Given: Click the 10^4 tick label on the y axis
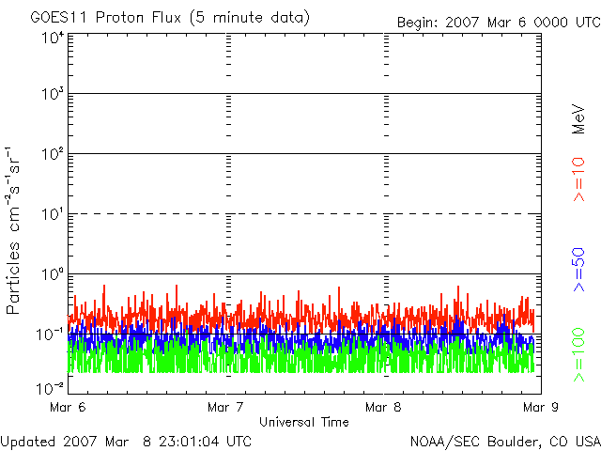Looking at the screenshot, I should pyautogui.click(x=53, y=38).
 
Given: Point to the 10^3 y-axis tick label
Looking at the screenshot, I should pyautogui.click(x=53, y=94).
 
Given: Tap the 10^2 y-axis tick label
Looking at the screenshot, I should pyautogui.click(x=53, y=153).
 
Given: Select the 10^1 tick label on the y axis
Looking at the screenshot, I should pyautogui.click(x=53, y=213).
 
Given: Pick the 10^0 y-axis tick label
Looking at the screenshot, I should pyautogui.click(x=53, y=273).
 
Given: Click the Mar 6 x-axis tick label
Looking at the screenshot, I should pyautogui.click(x=69, y=408).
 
